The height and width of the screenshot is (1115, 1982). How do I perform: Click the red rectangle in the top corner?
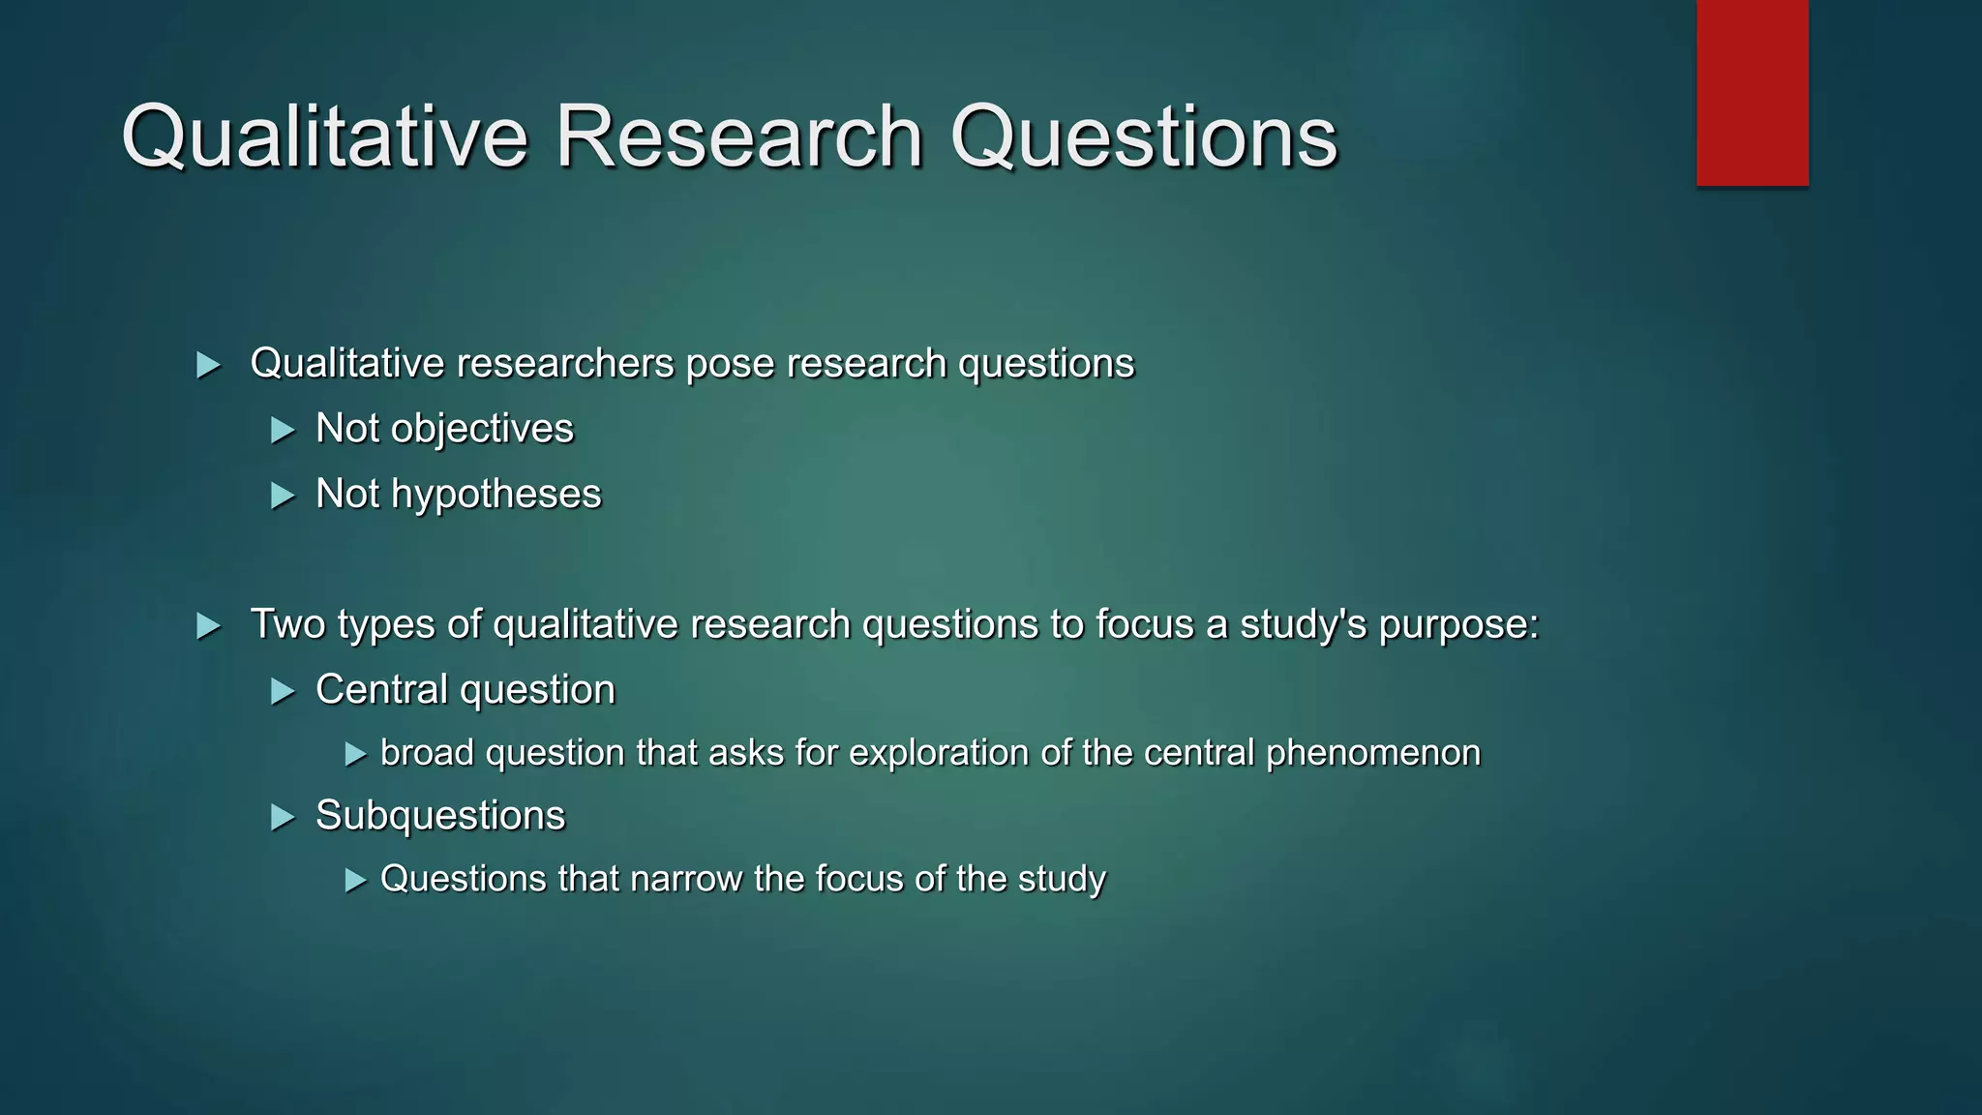pyautogui.click(x=1752, y=93)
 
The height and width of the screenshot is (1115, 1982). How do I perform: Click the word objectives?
pyautogui.click(x=482, y=429)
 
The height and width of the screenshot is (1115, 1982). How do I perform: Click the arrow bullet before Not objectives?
pyautogui.click(x=283, y=430)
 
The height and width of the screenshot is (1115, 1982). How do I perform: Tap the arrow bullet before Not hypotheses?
pyautogui.click(x=283, y=496)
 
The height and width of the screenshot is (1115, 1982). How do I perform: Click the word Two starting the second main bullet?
pyautogui.click(x=287, y=624)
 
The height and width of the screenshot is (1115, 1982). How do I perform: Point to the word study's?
pyautogui.click(x=1304, y=624)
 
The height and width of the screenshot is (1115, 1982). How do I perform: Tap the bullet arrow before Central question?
pyautogui.click(x=283, y=691)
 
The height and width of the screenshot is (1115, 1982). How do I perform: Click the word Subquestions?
pyautogui.click(x=440, y=816)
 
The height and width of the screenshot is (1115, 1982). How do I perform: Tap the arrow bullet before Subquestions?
pyautogui.click(x=283, y=818)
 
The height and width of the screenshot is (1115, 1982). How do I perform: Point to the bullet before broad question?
pyautogui.click(x=356, y=754)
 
